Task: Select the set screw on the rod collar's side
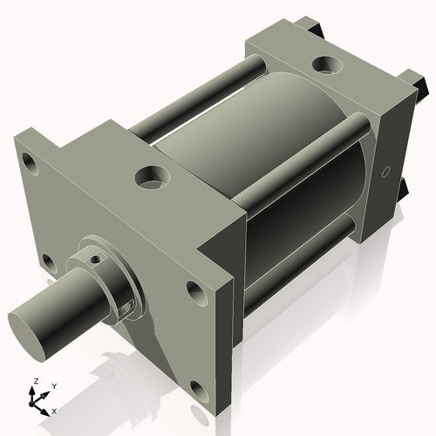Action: [126, 306]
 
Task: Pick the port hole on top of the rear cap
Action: [329, 64]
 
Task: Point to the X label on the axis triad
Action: [54, 409]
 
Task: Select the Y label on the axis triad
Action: [54, 385]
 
